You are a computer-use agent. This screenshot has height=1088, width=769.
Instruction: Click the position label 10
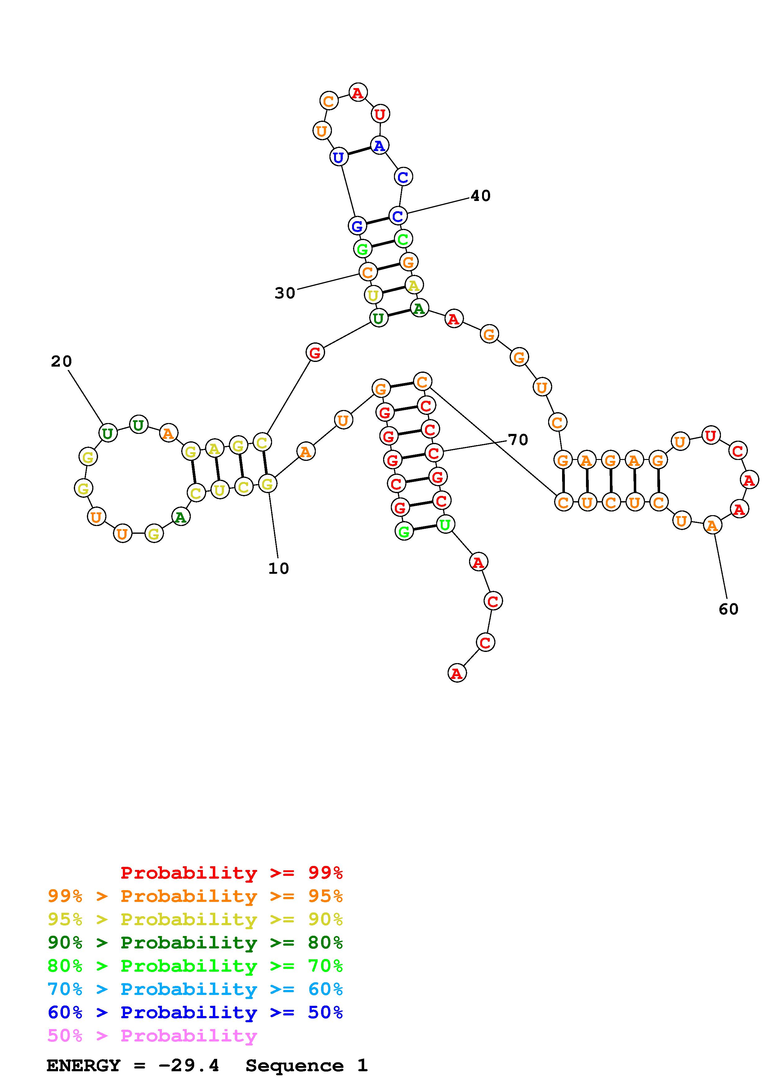[x=278, y=568]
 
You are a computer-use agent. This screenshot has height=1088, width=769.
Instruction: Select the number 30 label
[x=285, y=293]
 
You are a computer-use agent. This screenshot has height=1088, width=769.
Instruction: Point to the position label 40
[x=481, y=196]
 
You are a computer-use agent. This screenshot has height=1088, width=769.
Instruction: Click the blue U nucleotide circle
[x=338, y=157]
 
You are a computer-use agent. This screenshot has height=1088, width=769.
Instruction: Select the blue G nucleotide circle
[x=357, y=225]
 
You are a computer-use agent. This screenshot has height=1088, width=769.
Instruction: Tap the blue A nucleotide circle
[x=379, y=145]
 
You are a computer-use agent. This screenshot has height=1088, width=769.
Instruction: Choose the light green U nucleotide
[x=445, y=524]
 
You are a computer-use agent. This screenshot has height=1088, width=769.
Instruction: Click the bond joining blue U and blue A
[x=359, y=151]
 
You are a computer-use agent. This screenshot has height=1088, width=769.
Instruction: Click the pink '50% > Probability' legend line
[x=152, y=1036]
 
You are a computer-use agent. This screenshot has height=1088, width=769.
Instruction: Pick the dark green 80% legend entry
[x=195, y=943]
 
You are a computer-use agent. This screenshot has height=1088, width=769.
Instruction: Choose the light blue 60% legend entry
[x=195, y=989]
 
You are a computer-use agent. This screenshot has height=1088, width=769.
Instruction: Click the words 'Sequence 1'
[x=306, y=1065]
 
